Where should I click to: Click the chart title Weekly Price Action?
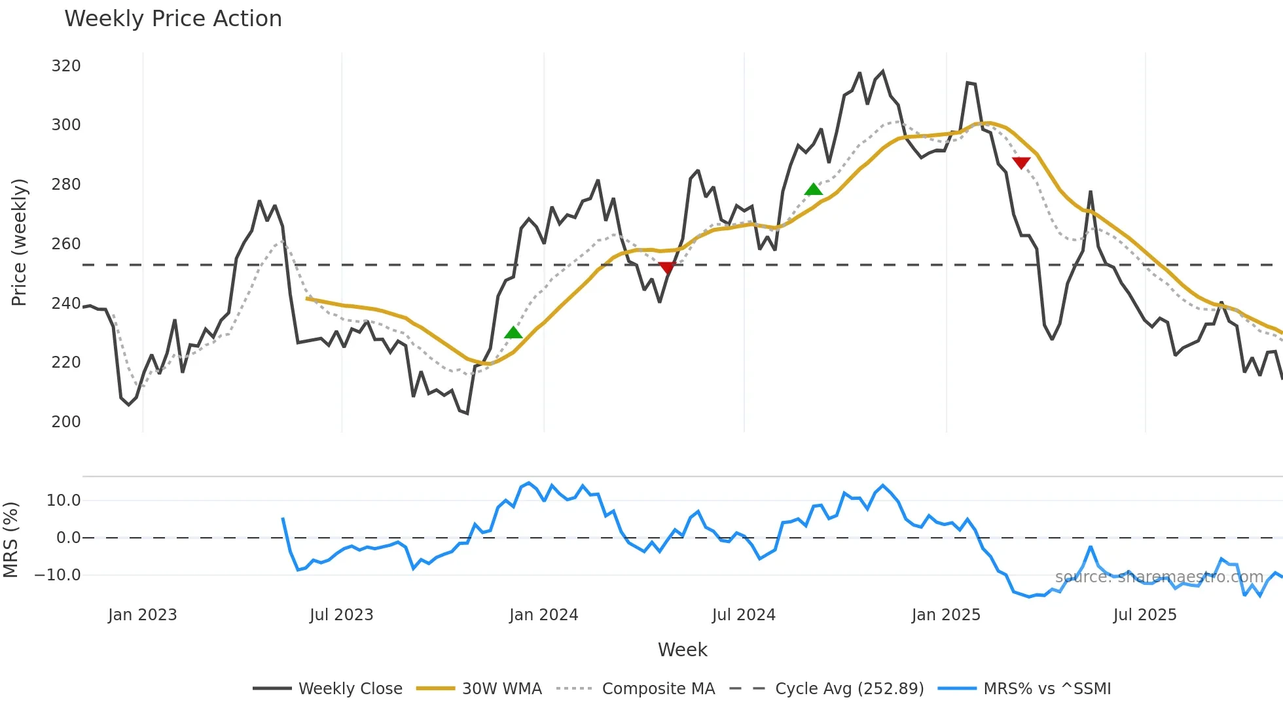pos(173,19)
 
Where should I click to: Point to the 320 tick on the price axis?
pos(66,66)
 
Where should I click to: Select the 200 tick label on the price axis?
pos(66,422)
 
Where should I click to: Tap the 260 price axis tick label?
pos(66,244)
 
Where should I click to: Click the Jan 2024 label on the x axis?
pos(543,615)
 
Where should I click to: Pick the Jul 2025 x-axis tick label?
pos(1145,615)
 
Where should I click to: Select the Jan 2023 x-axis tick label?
pos(142,615)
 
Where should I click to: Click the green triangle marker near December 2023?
pos(513,332)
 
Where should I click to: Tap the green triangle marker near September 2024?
pos(813,190)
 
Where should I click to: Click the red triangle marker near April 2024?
pos(666,268)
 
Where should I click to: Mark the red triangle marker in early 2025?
pos(1021,163)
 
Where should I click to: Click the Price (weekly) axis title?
pos(20,242)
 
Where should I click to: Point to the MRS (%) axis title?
pos(10,540)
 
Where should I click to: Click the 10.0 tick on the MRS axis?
pos(63,501)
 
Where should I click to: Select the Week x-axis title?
pos(682,650)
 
